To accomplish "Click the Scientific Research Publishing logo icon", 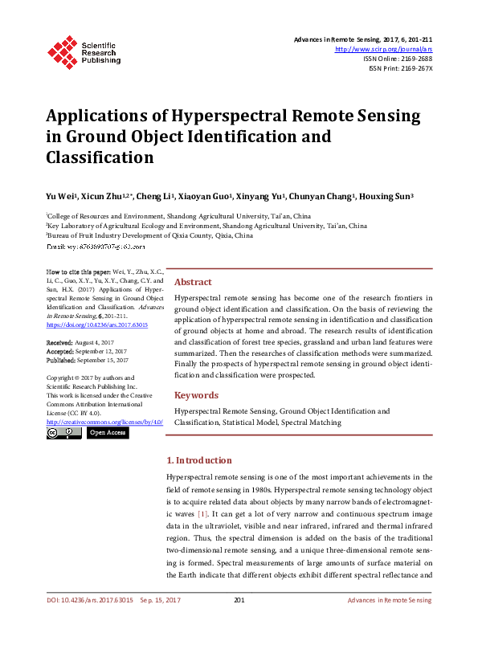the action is click(x=63, y=50).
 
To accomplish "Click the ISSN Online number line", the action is click(x=398, y=59).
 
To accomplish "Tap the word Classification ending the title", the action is click(x=100, y=157).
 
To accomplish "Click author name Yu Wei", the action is click(x=60, y=196).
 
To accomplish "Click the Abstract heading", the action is click(x=193, y=282).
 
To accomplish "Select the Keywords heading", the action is click(x=196, y=395).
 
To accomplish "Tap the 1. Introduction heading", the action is click(x=197, y=461).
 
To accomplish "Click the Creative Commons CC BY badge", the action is click(x=63, y=433).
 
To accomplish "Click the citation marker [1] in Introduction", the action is click(x=203, y=512).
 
